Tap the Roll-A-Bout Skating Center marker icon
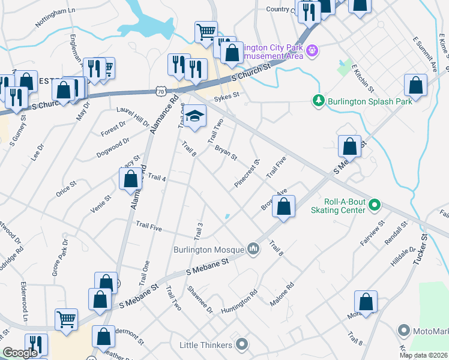click(375, 205)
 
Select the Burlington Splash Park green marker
click(319, 101)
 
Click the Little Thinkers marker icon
click(242, 344)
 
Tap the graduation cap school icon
click(194, 116)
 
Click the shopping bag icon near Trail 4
click(130, 179)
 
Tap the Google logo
click(20, 353)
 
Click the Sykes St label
click(228, 95)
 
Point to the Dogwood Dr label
click(113, 148)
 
